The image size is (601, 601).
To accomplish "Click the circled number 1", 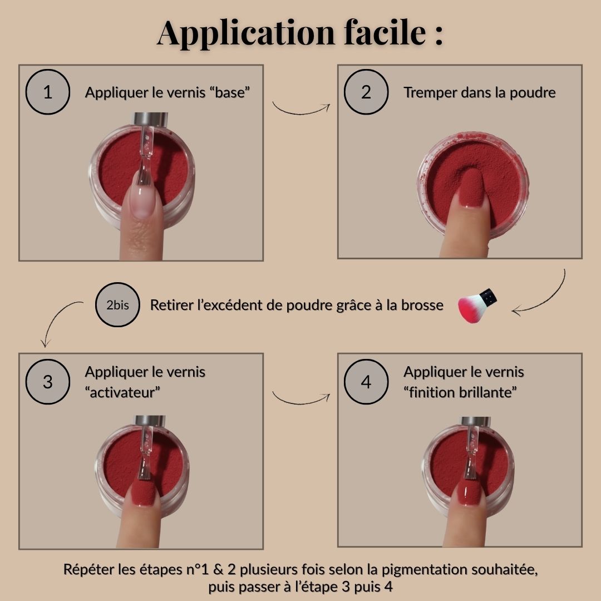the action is point(47,92).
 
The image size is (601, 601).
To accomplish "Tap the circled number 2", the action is point(366,92).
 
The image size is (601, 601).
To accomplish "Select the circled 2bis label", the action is point(117,305).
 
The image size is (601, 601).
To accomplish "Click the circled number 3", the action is point(47,382).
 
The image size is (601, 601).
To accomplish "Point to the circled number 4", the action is point(366,382).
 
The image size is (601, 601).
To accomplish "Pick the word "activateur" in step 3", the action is point(122,392).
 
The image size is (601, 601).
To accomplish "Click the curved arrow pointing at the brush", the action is point(549,299).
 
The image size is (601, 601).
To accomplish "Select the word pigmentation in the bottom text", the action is point(424,570).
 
